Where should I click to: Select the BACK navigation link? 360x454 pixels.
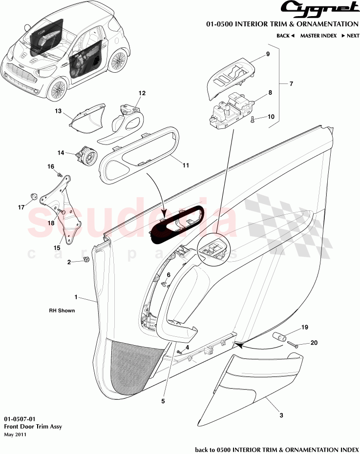click(286, 36)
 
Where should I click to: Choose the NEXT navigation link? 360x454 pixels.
click(350, 36)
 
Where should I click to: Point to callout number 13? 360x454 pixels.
click(58, 111)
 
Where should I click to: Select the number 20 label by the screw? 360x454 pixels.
click(314, 343)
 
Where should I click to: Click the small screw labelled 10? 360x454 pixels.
click(252, 119)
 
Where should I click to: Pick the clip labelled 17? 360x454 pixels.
click(34, 195)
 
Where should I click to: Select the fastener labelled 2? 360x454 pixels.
click(86, 259)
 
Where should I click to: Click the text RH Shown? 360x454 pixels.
click(62, 310)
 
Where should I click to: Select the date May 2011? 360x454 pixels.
click(15, 434)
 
